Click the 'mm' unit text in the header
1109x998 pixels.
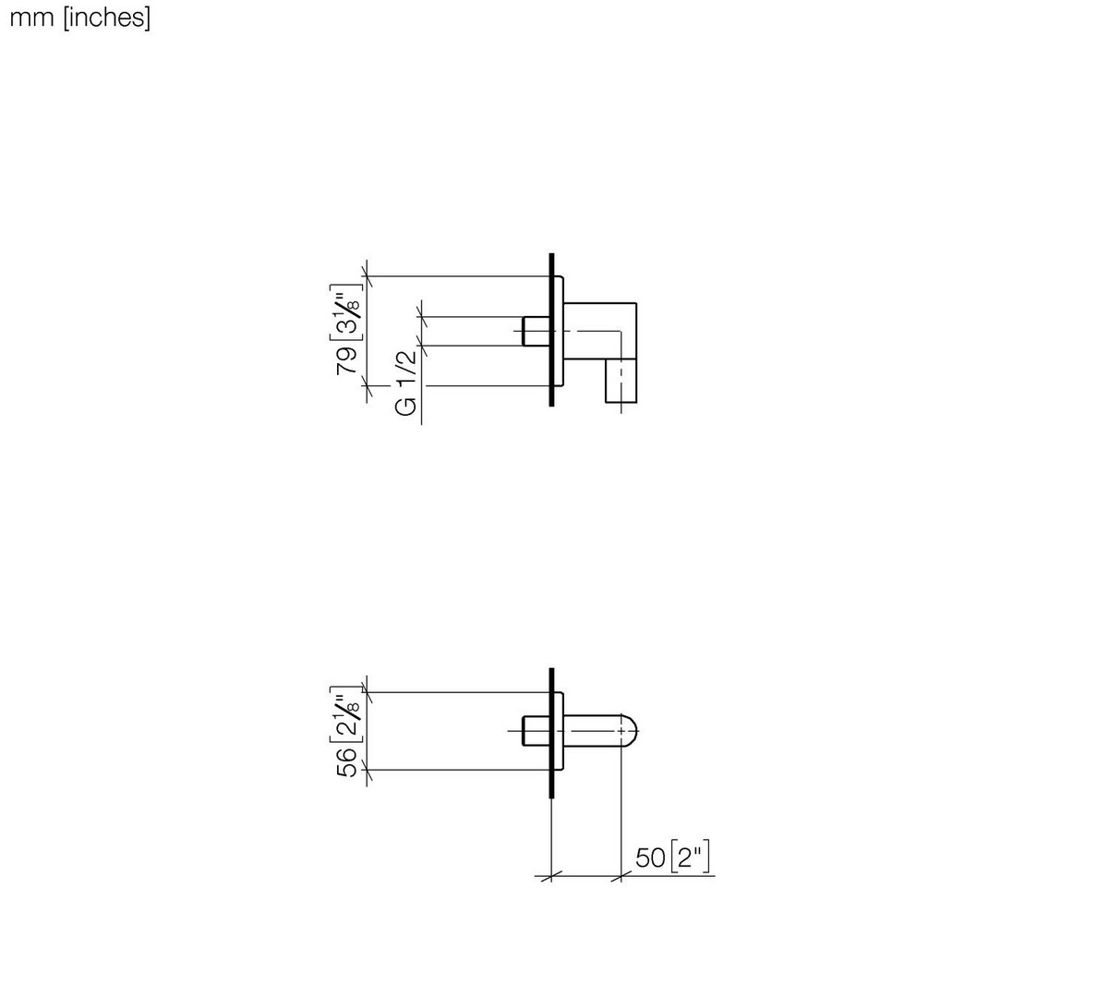(x=32, y=18)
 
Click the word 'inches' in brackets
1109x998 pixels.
(x=107, y=18)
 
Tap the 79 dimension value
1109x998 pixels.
(x=347, y=361)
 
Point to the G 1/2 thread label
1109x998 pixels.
(x=405, y=383)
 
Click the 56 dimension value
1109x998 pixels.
(x=347, y=762)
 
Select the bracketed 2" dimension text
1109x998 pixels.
(x=690, y=858)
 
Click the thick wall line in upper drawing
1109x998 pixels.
(x=552, y=330)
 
